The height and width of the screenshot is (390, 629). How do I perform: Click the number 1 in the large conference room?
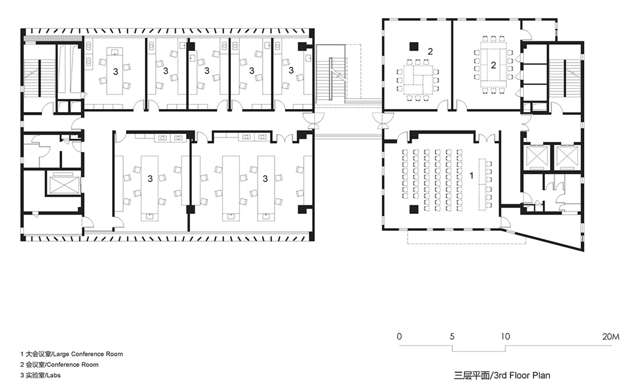tap(471, 176)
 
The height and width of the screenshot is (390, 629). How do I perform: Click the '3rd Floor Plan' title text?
tap(502, 376)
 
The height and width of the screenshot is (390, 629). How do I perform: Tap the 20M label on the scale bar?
tap(610, 336)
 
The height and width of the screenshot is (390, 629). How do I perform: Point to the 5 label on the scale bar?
tap(452, 336)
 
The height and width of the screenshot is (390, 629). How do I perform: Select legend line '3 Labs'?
tap(40, 375)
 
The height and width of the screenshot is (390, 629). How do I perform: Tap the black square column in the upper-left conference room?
tap(414, 47)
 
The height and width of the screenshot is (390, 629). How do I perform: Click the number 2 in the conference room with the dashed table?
tap(493, 65)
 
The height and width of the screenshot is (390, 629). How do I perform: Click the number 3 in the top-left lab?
tap(115, 71)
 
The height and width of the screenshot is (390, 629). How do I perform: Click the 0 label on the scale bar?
tap(399, 336)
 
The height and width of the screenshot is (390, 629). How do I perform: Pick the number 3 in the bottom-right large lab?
tap(265, 179)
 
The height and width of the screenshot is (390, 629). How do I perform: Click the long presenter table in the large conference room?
tap(482, 184)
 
